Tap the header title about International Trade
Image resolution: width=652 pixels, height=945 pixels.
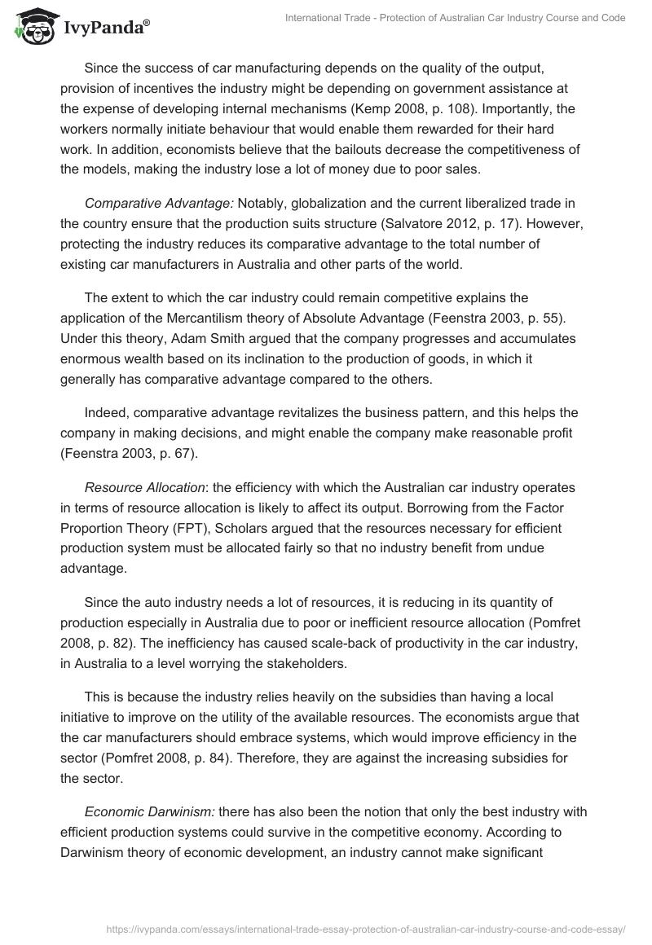pos(456,18)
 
